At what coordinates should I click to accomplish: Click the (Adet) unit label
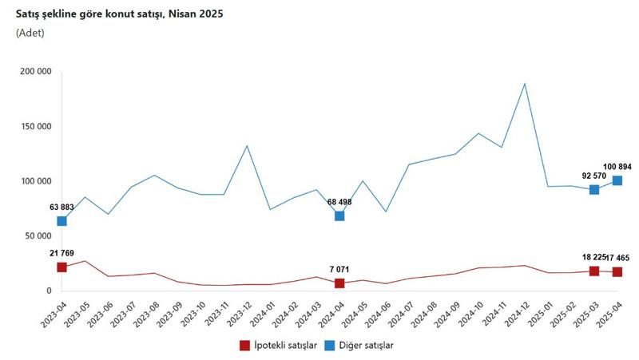[30, 34]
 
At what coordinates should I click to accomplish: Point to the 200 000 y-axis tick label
[34, 71]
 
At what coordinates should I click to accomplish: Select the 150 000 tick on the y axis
[34, 126]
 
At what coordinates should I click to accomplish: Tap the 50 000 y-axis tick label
[38, 236]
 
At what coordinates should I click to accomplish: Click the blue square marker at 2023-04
[62, 221]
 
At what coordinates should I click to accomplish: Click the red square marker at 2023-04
[62, 267]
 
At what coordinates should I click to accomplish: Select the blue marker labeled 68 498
[339, 216]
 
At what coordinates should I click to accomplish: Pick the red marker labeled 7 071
[339, 283]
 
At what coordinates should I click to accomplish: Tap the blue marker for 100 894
[617, 180]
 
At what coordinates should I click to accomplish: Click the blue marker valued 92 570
[594, 189]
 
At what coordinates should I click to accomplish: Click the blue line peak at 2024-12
[525, 83]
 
